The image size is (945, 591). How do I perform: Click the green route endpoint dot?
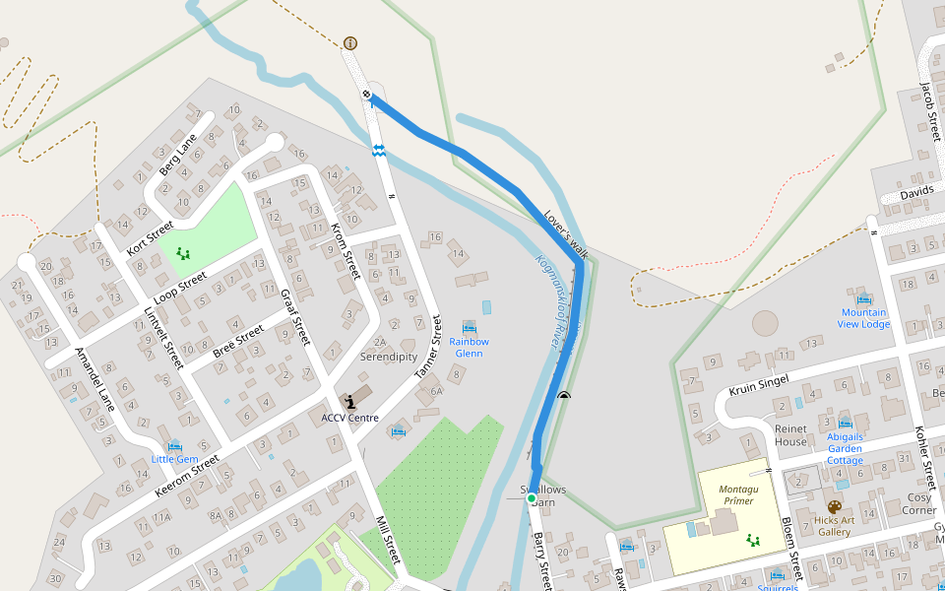point(532,499)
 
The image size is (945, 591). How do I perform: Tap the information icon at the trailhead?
point(350,43)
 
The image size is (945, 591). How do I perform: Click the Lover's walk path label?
point(565,233)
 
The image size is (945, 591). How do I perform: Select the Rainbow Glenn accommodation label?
point(469,347)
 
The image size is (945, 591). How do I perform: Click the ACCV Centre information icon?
point(350,401)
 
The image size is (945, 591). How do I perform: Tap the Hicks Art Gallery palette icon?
point(835,507)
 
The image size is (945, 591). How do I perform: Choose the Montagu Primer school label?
point(736,494)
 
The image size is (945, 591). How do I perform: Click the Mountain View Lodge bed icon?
point(864,298)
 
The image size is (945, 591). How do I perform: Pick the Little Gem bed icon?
point(175,446)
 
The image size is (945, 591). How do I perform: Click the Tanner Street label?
point(429,350)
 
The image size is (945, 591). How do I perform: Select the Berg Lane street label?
point(178,153)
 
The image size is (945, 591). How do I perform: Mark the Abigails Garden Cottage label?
point(845,448)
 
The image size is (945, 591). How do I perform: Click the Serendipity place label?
point(388,357)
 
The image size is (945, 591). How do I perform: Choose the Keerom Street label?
point(186,474)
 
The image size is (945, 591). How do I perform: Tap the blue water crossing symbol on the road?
point(378,150)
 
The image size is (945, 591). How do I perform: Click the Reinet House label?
point(790,435)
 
